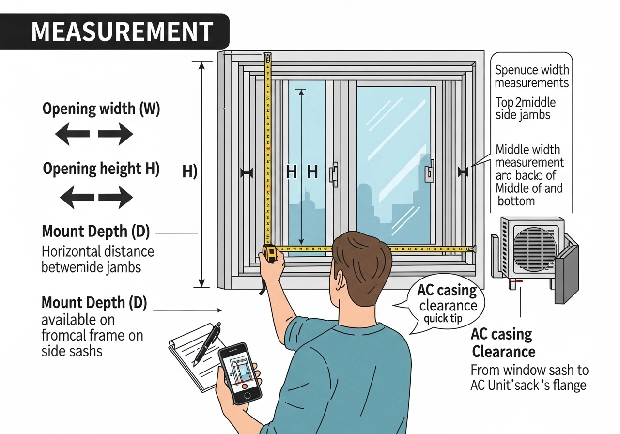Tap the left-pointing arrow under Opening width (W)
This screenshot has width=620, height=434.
[72, 134]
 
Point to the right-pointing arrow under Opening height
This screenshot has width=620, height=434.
[115, 197]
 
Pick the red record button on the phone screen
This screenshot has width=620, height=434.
[245, 386]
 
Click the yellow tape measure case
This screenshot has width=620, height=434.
[270, 252]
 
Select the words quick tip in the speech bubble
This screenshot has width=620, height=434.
[443, 320]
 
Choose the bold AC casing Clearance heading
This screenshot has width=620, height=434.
[503, 342]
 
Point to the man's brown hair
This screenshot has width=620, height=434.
[361, 257]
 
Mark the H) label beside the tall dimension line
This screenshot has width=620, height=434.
[189, 171]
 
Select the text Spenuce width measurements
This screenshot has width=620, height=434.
[532, 77]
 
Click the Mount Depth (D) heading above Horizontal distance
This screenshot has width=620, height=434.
[96, 232]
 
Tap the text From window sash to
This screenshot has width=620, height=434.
[529, 371]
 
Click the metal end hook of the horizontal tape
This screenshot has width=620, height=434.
[474, 248]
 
